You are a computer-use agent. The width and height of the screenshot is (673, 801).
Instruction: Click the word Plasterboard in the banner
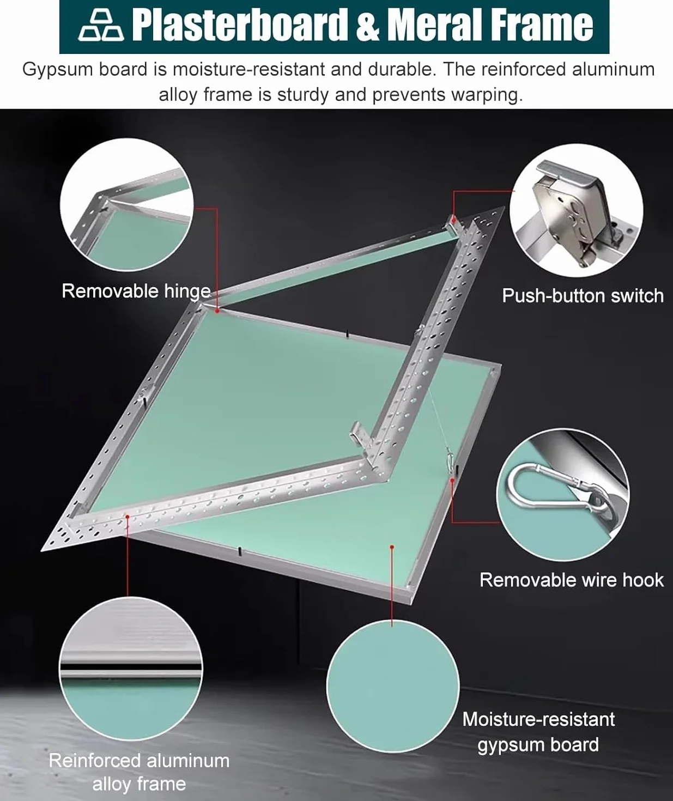(238, 26)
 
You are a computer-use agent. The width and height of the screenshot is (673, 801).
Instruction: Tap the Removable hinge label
(136, 292)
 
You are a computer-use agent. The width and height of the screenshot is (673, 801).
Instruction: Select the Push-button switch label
(583, 296)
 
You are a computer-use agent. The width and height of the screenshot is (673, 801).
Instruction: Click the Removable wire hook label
(571, 580)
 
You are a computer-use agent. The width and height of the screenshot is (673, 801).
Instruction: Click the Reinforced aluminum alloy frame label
(139, 772)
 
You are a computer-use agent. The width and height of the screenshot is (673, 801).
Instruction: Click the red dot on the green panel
(392, 547)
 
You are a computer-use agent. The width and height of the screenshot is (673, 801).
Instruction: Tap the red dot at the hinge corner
(217, 311)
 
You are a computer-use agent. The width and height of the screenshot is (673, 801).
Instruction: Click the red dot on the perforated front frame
(128, 517)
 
